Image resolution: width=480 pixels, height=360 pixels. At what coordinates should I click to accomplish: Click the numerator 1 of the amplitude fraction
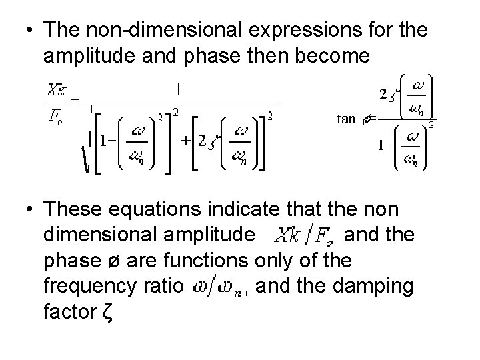pos(179,89)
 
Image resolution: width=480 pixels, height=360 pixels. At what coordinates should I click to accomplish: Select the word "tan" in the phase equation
pos(347,119)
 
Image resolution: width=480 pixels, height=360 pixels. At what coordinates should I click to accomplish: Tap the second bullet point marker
pos(27,211)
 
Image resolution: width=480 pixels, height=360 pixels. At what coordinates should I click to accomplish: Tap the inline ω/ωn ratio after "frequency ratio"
pos(217,287)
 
